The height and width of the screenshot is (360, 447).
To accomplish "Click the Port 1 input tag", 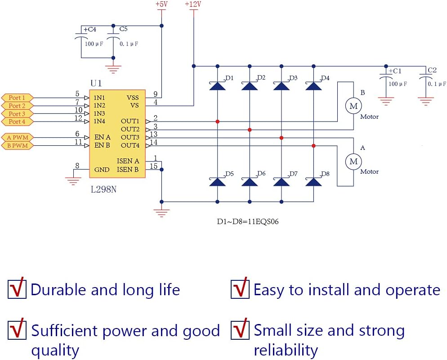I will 17,98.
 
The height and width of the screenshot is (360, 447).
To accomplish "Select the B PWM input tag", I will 17,146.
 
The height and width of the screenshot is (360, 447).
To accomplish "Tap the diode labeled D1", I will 217,85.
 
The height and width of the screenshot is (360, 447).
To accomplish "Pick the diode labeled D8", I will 313,181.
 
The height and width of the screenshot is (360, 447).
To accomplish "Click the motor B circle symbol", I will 353,106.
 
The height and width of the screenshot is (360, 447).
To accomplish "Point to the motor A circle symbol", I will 353,161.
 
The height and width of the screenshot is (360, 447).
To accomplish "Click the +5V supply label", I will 161,4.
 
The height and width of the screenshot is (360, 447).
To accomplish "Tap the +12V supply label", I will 193,4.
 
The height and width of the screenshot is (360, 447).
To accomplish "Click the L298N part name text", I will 103,190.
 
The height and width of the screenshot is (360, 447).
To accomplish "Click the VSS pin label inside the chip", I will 133,97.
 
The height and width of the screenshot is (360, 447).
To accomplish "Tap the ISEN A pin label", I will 128,161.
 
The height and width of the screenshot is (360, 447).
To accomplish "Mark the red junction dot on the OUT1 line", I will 217,121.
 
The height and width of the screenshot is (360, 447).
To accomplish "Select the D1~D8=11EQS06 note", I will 248,222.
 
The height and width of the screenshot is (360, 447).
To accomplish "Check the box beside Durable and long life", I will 17,288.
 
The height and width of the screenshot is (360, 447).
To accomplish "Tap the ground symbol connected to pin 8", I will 72,180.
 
